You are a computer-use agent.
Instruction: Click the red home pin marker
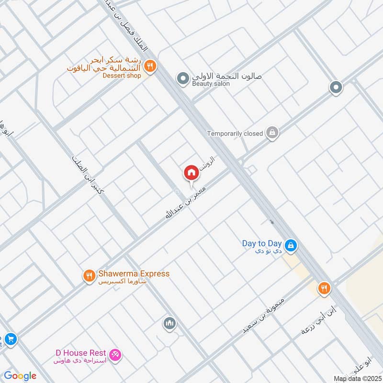[x=191, y=173]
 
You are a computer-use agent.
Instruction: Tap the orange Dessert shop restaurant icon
[x=150, y=66]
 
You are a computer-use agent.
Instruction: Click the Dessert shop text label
[x=122, y=76]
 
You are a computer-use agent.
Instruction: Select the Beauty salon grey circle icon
[x=182, y=78]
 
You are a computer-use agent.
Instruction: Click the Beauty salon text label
[x=211, y=84]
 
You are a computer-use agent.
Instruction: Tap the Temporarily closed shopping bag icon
[x=272, y=133]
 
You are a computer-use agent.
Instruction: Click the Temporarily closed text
[x=235, y=134]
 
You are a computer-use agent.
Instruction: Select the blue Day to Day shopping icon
[x=291, y=246]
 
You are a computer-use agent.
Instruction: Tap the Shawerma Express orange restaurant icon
[x=89, y=276]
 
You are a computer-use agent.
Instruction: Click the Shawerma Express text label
[x=134, y=274]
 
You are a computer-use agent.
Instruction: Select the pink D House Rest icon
[x=115, y=355]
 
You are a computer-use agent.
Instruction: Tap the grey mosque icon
[x=169, y=324]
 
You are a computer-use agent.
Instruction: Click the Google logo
[x=20, y=376]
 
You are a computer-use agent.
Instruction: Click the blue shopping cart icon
[x=11, y=339]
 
